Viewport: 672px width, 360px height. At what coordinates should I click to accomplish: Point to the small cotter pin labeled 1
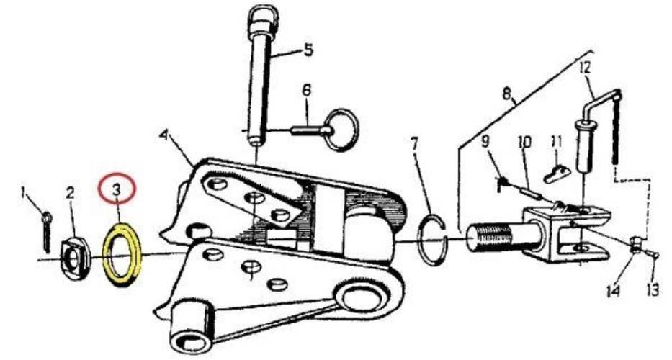click(47, 230)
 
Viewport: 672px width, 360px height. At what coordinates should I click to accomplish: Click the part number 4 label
click(163, 135)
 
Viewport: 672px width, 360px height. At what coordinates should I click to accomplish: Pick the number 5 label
click(308, 50)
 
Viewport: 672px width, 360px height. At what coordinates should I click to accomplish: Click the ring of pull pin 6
click(341, 130)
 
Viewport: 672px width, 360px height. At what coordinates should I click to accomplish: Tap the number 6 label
click(306, 91)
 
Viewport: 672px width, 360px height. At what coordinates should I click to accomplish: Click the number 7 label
click(414, 145)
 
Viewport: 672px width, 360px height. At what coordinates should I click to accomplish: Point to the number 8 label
click(506, 94)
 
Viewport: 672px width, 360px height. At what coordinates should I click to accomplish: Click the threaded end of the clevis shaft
click(493, 238)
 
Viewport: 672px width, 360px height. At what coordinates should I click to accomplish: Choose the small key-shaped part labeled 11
click(556, 174)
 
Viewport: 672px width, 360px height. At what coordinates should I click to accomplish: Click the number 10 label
click(524, 142)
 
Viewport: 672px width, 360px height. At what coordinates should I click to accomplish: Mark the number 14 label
click(613, 291)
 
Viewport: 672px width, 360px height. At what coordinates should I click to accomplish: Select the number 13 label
click(653, 290)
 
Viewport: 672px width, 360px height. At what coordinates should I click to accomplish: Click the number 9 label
click(485, 141)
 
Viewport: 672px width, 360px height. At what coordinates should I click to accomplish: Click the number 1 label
click(24, 195)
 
